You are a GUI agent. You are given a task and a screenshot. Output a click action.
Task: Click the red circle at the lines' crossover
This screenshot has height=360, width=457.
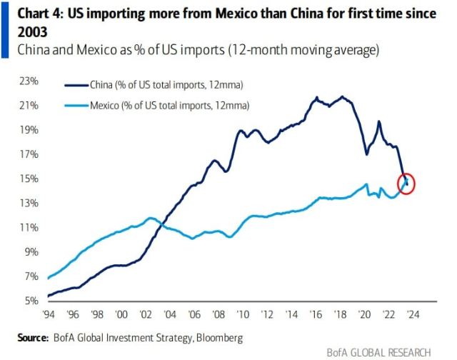[x=406, y=184]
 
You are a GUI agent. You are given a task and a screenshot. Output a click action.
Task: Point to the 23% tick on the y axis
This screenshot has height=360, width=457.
[x=29, y=81]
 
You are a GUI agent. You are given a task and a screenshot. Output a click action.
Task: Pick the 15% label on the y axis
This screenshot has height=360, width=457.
[x=29, y=179]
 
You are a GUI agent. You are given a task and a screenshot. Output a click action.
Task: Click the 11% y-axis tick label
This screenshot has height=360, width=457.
[x=29, y=227]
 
